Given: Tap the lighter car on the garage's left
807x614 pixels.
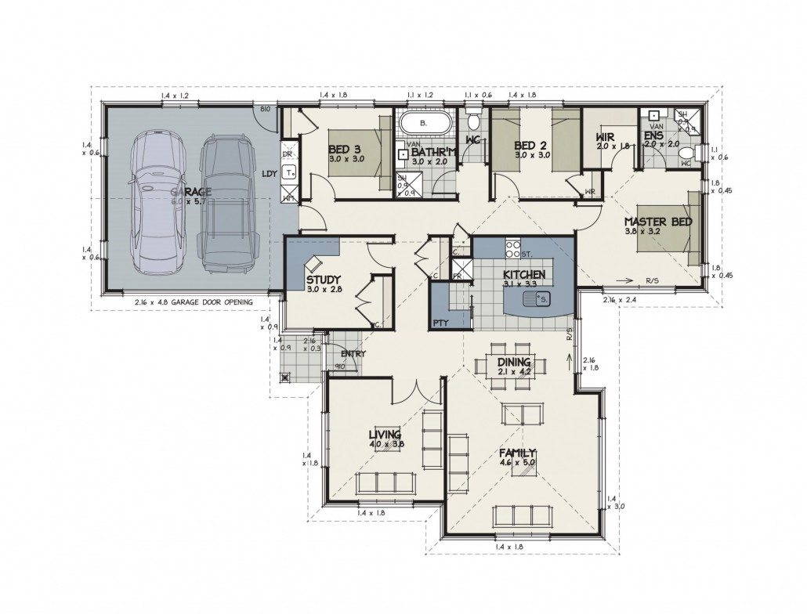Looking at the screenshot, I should [157, 202].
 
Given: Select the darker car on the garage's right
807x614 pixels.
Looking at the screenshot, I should [227, 204].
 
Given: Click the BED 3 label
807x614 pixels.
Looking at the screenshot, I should [345, 150].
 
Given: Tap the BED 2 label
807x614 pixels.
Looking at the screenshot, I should [530, 146].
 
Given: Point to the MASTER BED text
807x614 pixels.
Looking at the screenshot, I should [658, 222].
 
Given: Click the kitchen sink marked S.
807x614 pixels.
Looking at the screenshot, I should [542, 298].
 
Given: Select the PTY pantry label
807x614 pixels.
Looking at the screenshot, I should [440, 323].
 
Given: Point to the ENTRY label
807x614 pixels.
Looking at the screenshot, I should [353, 354].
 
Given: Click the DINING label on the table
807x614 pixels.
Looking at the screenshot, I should [514, 363].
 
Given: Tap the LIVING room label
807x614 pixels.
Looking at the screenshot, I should [385, 435].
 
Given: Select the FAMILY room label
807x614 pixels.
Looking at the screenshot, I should [518, 453].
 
